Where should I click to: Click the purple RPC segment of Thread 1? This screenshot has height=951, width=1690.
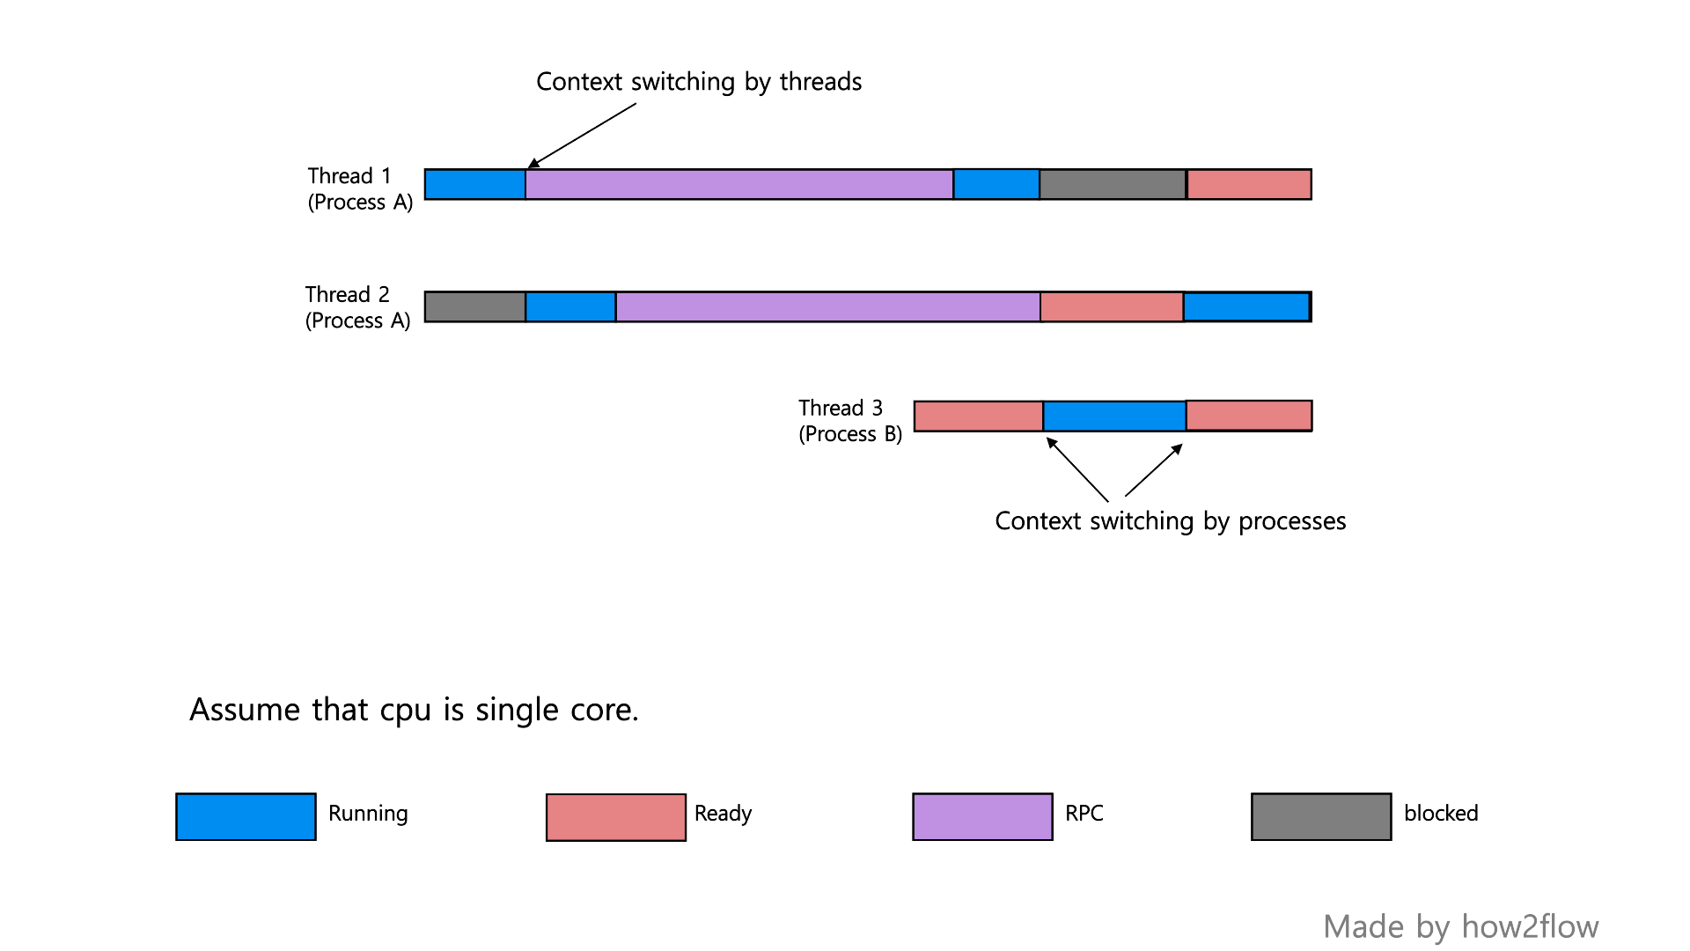[739, 185]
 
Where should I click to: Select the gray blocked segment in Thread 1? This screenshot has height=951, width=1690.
[1113, 185]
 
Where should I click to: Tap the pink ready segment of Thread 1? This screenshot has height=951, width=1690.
[1249, 185]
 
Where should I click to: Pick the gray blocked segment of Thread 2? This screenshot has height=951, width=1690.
[475, 306]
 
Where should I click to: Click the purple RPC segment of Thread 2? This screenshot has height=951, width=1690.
[827, 306]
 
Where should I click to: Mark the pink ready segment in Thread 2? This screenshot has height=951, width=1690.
[1112, 306]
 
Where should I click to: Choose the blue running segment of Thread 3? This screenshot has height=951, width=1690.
[1114, 416]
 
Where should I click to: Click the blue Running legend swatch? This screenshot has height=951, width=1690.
[246, 816]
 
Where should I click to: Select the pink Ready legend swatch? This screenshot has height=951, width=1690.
[615, 817]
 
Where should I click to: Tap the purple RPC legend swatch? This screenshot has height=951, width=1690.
[982, 816]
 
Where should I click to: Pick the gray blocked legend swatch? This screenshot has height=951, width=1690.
[1321, 816]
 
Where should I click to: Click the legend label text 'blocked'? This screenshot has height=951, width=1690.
[1441, 813]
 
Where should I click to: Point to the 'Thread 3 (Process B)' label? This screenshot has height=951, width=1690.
[850, 421]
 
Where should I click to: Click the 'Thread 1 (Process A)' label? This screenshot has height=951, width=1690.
[360, 189]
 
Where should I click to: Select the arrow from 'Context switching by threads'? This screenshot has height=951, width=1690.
[582, 136]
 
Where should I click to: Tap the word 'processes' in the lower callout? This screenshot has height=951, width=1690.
[1292, 521]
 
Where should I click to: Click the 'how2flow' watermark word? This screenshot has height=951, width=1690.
[1530, 926]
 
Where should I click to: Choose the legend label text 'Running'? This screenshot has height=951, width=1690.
[368, 813]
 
